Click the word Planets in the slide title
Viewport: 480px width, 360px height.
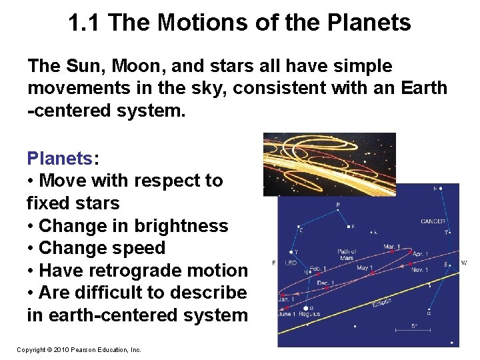coord(373,23)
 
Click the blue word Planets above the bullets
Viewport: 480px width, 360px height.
coord(60,158)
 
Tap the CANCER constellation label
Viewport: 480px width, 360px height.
coord(433,221)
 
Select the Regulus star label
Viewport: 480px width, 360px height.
coord(309,313)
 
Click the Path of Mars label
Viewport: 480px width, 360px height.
coord(347,254)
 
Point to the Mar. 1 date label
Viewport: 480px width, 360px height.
coord(392,247)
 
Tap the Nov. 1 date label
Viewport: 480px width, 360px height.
coord(419,269)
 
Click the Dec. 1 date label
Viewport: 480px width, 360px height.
coord(325,283)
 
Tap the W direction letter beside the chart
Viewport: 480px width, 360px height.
coord(464,263)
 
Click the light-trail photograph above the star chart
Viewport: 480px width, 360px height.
coord(329,163)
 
